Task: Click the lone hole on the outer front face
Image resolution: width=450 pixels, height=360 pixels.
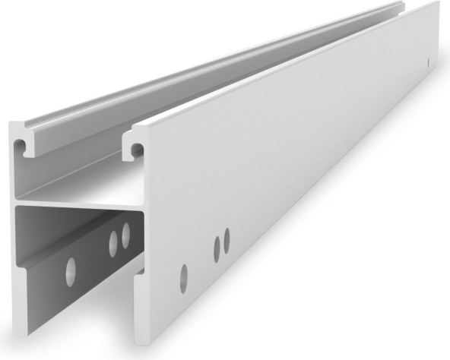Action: [x=183, y=277]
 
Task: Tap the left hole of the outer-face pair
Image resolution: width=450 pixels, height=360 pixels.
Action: [x=217, y=246]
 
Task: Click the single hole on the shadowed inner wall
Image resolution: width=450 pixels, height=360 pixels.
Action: [x=71, y=272]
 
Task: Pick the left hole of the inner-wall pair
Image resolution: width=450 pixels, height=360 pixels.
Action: [x=114, y=242]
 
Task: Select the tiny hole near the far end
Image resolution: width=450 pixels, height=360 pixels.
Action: [x=429, y=61]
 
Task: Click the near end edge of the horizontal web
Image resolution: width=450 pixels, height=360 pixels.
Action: [x=76, y=205]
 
